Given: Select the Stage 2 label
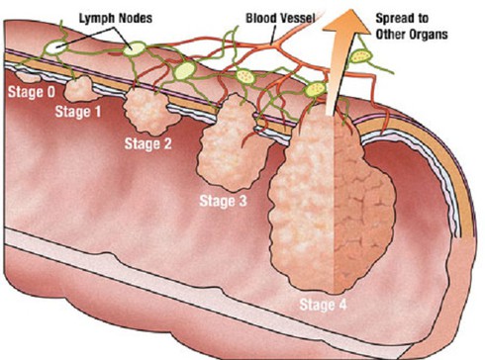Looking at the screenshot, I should click(x=148, y=144).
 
